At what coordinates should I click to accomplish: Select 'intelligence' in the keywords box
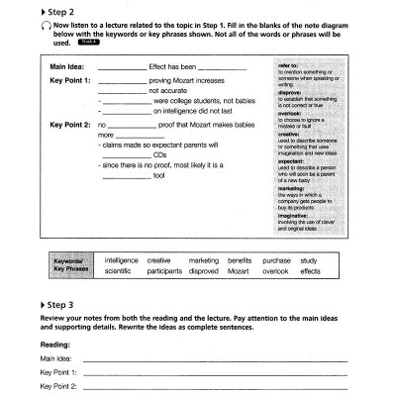click(121, 260)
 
